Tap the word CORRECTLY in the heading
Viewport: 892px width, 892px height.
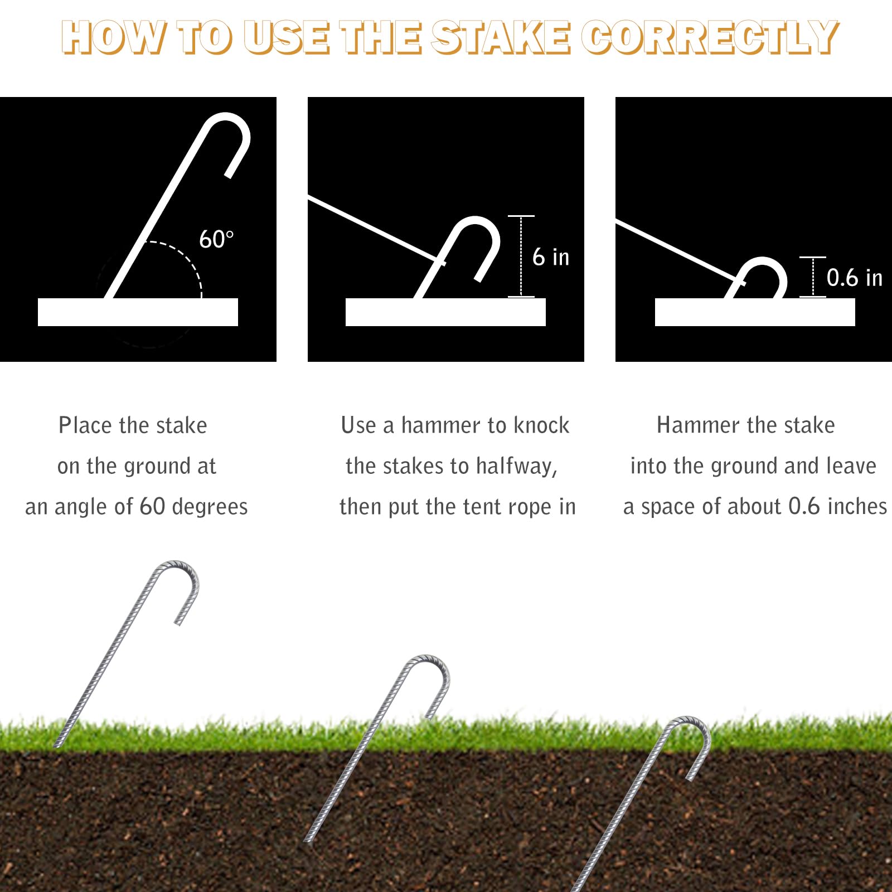(x=710, y=37)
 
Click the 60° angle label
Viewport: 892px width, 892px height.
(x=216, y=239)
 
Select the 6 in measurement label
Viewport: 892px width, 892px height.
(x=551, y=257)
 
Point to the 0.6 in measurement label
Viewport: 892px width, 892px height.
(x=854, y=278)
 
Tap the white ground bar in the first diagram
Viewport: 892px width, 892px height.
(x=138, y=312)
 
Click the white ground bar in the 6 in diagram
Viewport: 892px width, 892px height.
(x=445, y=312)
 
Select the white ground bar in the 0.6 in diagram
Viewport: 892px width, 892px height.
(x=755, y=312)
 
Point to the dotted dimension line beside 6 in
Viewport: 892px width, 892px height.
(x=521, y=256)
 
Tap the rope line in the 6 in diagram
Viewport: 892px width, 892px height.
(x=376, y=230)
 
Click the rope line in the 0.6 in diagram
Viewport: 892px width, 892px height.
(x=680, y=253)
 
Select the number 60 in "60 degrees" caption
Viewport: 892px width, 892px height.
(x=152, y=507)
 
